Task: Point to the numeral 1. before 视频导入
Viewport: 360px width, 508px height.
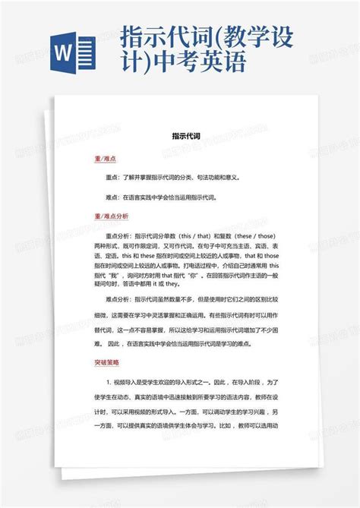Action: [109, 383]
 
